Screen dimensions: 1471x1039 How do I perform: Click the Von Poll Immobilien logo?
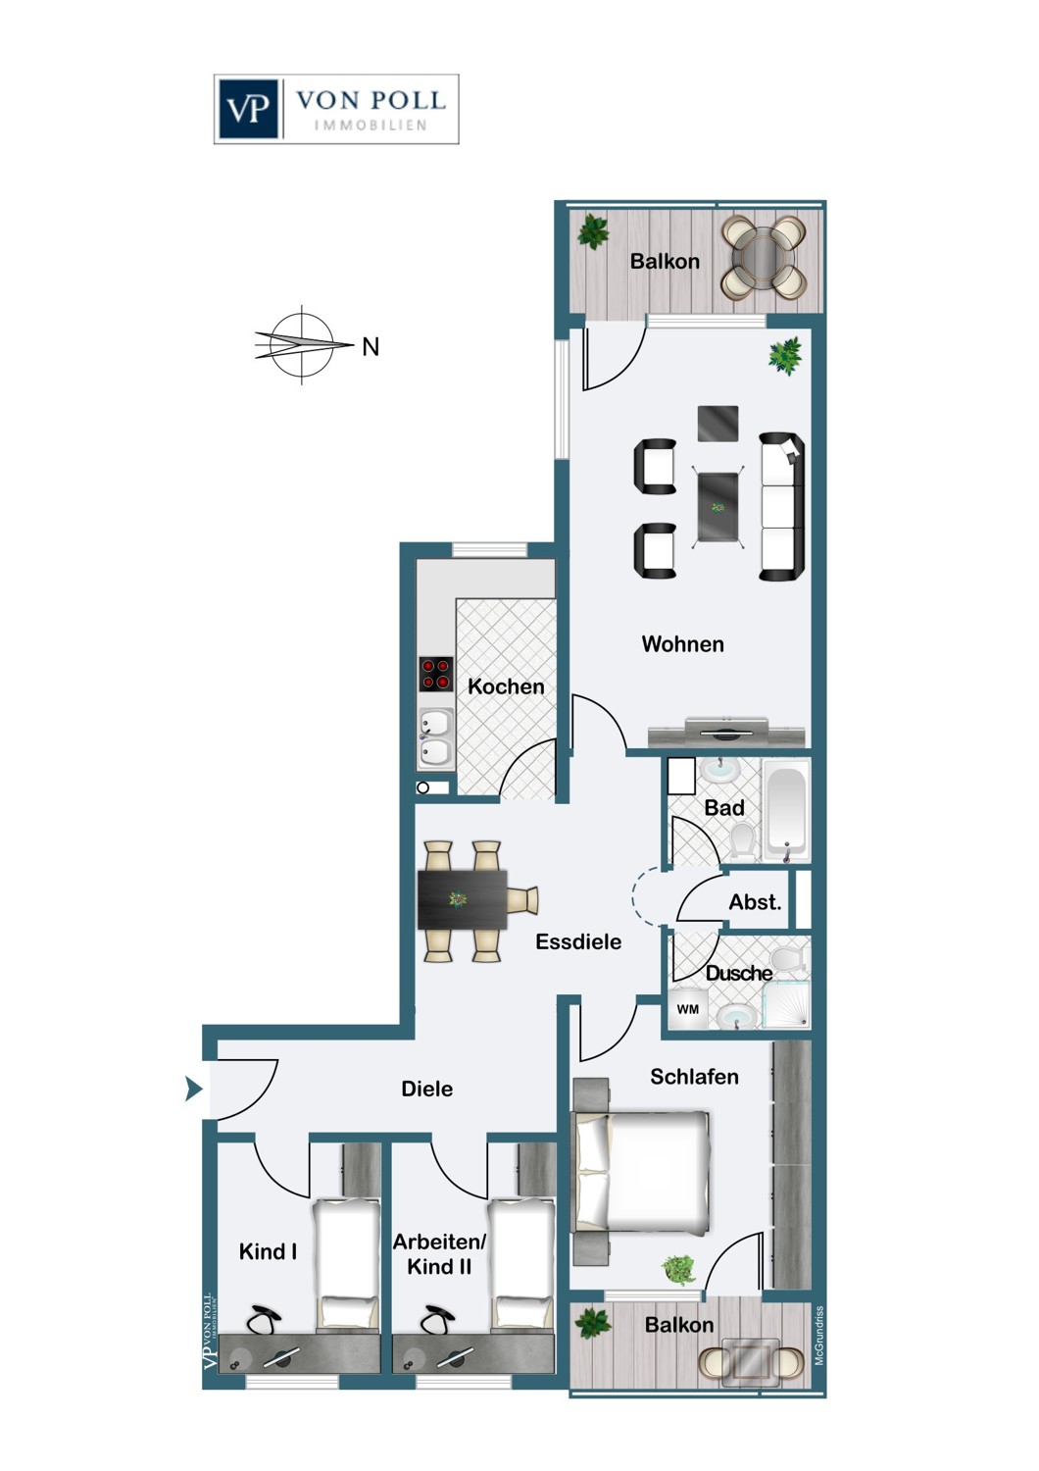tap(336, 109)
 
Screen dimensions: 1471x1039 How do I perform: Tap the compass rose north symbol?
tap(303, 344)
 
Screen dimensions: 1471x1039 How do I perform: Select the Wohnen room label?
tap(682, 644)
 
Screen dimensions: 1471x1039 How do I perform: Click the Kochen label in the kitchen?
tap(506, 686)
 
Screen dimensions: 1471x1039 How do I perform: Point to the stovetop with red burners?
tap(436, 674)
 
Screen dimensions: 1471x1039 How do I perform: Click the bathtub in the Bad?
tap(786, 809)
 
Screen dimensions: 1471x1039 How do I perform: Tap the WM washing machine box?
tap(688, 1009)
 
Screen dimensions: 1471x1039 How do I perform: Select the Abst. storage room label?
tap(755, 902)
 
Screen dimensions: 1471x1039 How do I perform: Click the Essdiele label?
tap(578, 941)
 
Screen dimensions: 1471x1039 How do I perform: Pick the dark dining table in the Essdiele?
tap(462, 899)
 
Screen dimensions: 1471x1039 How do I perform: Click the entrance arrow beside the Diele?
tap(193, 1089)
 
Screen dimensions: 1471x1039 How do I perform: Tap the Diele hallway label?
tap(427, 1089)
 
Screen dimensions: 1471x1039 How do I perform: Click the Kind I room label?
tap(268, 1251)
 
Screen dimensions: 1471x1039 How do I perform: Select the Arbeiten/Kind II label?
tap(439, 1254)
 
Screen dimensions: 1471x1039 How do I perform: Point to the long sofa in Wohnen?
tap(783, 506)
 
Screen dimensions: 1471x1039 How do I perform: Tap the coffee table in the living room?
tap(718, 506)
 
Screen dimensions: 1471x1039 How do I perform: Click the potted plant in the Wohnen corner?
tap(785, 355)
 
